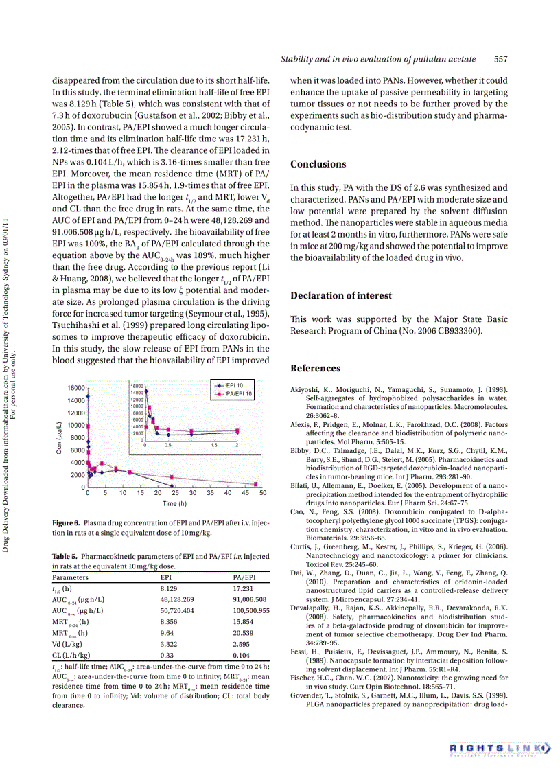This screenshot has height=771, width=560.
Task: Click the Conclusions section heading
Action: [x=318, y=164]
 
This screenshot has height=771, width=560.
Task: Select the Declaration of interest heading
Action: [x=341, y=296]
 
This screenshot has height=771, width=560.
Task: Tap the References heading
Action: [x=315, y=369]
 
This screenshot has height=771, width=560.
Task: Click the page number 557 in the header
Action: [x=501, y=60]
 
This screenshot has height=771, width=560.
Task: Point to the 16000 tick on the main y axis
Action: [x=75, y=388]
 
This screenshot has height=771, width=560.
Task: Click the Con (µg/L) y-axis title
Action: [x=59, y=438]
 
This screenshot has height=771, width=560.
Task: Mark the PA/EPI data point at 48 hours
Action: [x=255, y=484]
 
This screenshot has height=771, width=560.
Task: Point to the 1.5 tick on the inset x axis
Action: [x=214, y=445]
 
